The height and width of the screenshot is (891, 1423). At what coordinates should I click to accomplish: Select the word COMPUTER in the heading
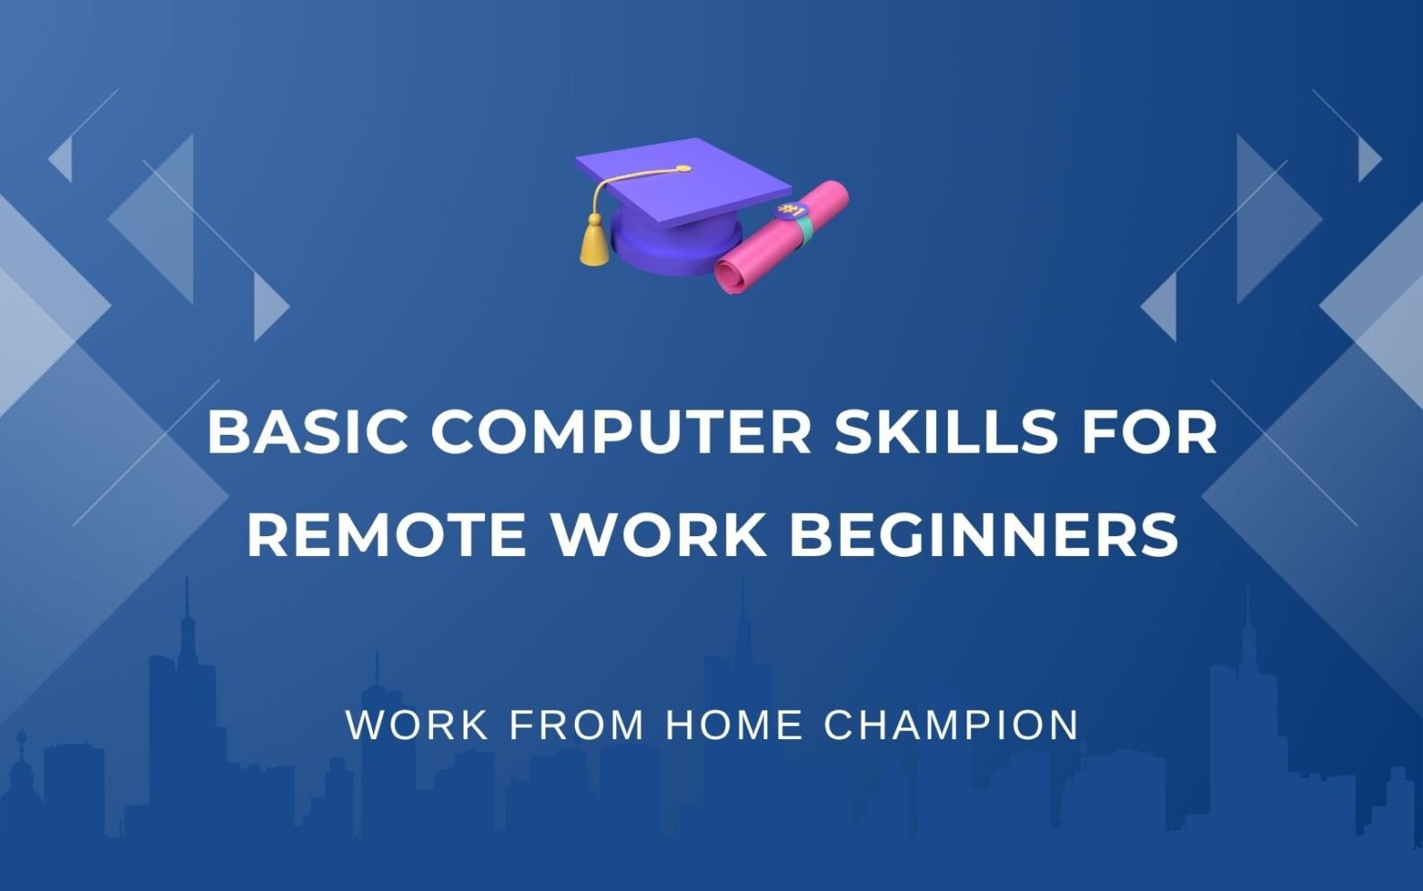[x=622, y=432]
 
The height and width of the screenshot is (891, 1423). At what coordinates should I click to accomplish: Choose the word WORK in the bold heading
[x=658, y=534]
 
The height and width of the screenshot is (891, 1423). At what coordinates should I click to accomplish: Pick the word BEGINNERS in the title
[x=984, y=534]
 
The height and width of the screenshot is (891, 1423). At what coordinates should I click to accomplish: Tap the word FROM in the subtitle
[x=577, y=725]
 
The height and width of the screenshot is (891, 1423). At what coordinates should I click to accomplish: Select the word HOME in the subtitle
[x=734, y=725]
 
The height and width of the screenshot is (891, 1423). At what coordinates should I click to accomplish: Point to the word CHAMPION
[x=951, y=725]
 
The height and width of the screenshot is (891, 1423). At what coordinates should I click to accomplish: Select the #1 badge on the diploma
[x=790, y=210]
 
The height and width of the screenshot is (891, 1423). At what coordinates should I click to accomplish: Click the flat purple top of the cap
[x=684, y=182]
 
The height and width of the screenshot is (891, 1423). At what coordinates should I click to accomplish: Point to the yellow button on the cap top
[x=683, y=169]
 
